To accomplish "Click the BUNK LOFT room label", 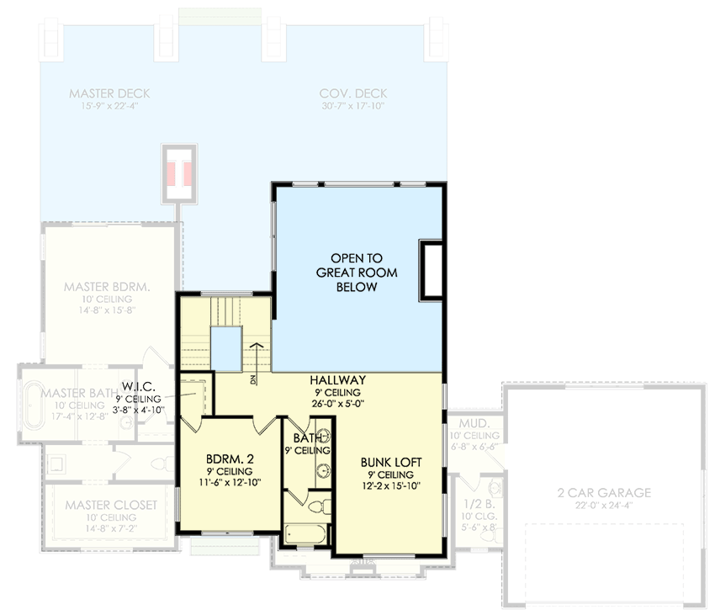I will point(391,462).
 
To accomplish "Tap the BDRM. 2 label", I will point(229,459).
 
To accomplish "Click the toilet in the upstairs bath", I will point(317,506).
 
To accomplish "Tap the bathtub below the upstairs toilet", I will point(307,533).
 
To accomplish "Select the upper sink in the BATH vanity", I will point(322,438).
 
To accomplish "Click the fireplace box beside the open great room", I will point(432,270).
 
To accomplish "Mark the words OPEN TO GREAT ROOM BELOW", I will point(357,273).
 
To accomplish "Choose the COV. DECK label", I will point(353,93).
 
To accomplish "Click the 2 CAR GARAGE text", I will point(604,492).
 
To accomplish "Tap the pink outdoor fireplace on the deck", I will point(180,173).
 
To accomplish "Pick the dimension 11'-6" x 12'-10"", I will point(229,483).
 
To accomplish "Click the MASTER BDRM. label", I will point(107,287).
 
